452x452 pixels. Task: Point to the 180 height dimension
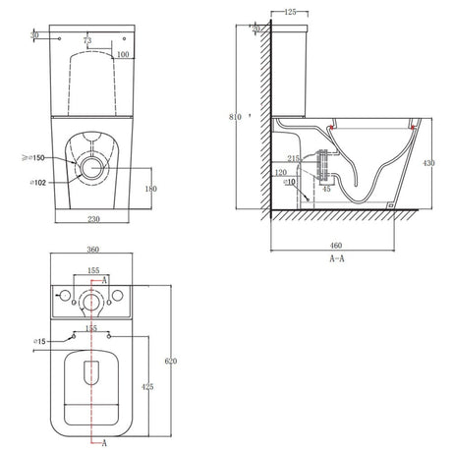[x=150, y=188]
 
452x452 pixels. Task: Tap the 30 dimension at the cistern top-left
[x=35, y=35]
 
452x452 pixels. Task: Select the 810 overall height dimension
[x=235, y=117]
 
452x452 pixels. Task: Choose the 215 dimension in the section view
[x=294, y=158]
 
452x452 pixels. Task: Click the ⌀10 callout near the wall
[x=291, y=183]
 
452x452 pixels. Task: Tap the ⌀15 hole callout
[x=41, y=341]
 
